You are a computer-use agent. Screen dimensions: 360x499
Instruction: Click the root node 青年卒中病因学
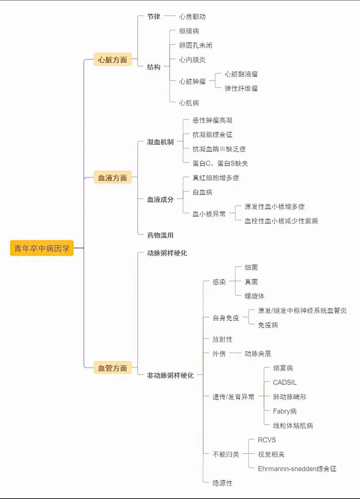click(x=42, y=248)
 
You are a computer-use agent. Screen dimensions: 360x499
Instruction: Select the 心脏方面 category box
click(x=112, y=60)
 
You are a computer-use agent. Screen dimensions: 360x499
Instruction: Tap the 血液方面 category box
click(x=112, y=178)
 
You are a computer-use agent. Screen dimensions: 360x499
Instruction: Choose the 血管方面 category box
click(x=112, y=368)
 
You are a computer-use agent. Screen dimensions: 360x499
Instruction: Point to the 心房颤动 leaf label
click(x=192, y=16)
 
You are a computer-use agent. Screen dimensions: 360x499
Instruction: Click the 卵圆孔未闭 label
click(x=196, y=45)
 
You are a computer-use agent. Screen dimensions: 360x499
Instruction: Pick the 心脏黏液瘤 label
click(x=241, y=74)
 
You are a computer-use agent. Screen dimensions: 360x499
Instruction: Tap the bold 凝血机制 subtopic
click(x=160, y=142)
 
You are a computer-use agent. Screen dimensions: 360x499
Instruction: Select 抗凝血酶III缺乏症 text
click(x=219, y=149)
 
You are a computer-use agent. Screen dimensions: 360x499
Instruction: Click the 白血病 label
click(x=202, y=192)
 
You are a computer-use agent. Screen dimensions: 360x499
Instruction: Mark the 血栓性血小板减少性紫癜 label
click(x=281, y=221)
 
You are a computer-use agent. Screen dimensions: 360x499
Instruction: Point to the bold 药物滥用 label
click(x=160, y=235)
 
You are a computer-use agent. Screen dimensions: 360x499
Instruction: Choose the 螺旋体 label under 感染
click(x=255, y=296)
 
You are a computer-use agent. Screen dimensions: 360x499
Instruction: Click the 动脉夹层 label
click(x=258, y=354)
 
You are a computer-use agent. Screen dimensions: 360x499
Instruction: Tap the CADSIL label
click(x=285, y=383)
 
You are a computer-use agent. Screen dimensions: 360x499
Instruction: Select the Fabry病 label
click(x=285, y=411)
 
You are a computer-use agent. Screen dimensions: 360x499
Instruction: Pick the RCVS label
click(x=267, y=440)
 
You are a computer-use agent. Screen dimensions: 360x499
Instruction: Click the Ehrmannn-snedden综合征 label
click(x=297, y=469)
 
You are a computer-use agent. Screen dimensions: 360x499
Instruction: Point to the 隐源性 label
click(x=222, y=483)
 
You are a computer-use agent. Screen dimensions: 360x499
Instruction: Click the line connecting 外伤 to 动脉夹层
click(x=235, y=353)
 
